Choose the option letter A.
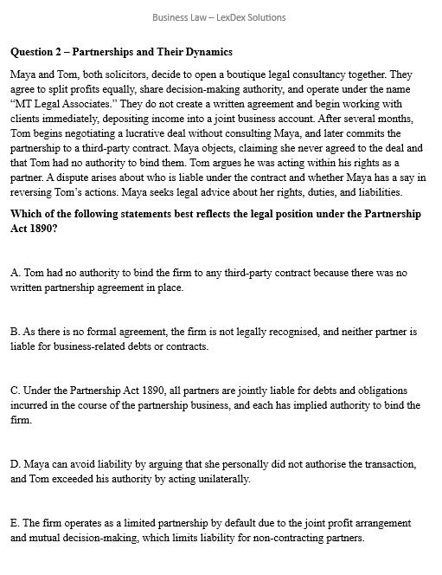[x=16, y=273]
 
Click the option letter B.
[x=16, y=332]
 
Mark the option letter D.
[x=16, y=464]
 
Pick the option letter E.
[x=16, y=524]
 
